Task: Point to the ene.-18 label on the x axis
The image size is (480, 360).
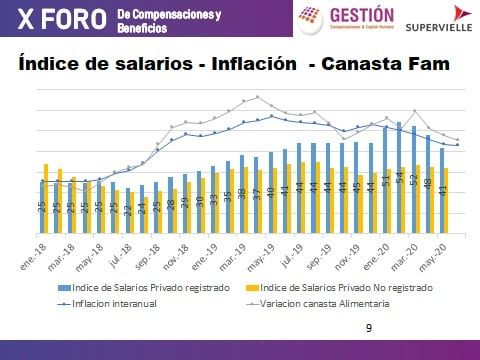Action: [x=37, y=247]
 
